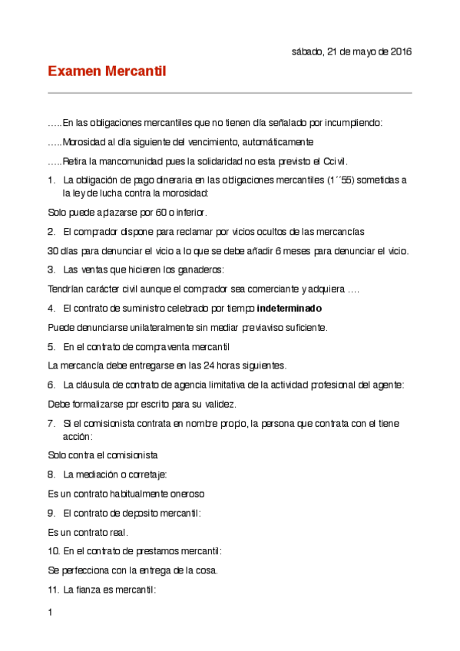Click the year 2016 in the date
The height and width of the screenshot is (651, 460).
(399, 51)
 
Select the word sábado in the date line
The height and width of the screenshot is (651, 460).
(308, 51)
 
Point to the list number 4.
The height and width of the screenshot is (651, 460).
(51, 308)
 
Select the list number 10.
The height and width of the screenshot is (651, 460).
(53, 550)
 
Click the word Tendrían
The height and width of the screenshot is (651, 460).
(68, 289)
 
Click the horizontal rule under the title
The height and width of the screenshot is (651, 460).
(230, 93)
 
